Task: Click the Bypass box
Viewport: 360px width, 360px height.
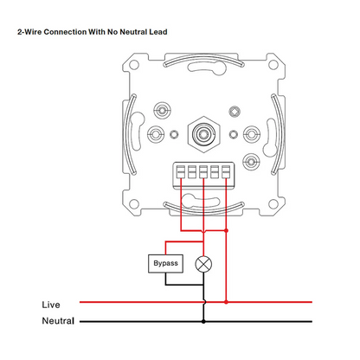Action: (x=165, y=263)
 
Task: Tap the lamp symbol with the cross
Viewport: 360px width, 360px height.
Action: (x=203, y=264)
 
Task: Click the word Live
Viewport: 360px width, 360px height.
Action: (x=51, y=305)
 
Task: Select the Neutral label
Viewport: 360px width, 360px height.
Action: (x=58, y=321)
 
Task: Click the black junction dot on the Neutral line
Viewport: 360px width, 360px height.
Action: (x=203, y=321)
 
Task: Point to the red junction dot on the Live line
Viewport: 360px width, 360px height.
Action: (x=226, y=302)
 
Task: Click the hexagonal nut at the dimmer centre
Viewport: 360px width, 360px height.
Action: (x=203, y=134)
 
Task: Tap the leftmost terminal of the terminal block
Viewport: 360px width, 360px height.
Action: (x=181, y=172)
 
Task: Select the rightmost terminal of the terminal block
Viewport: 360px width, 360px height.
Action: (x=226, y=172)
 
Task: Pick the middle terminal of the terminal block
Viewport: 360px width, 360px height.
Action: (x=203, y=172)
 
